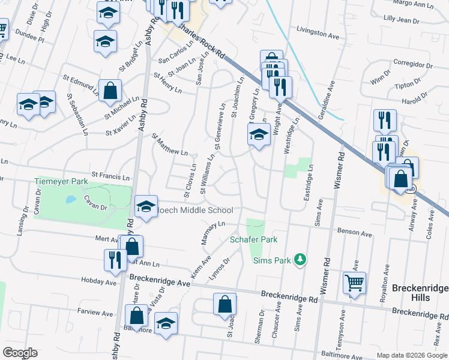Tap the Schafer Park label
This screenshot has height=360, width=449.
[253, 239]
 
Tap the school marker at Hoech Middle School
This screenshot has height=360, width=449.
[146, 206]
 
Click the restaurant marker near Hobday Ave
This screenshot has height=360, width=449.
[113, 259]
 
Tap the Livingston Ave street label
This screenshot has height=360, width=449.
[318, 35]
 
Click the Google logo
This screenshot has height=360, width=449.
[20, 353]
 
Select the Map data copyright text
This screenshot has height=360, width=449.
[412, 355]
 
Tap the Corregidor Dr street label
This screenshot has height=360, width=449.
[413, 64]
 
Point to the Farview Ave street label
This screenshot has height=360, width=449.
[95, 313]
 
